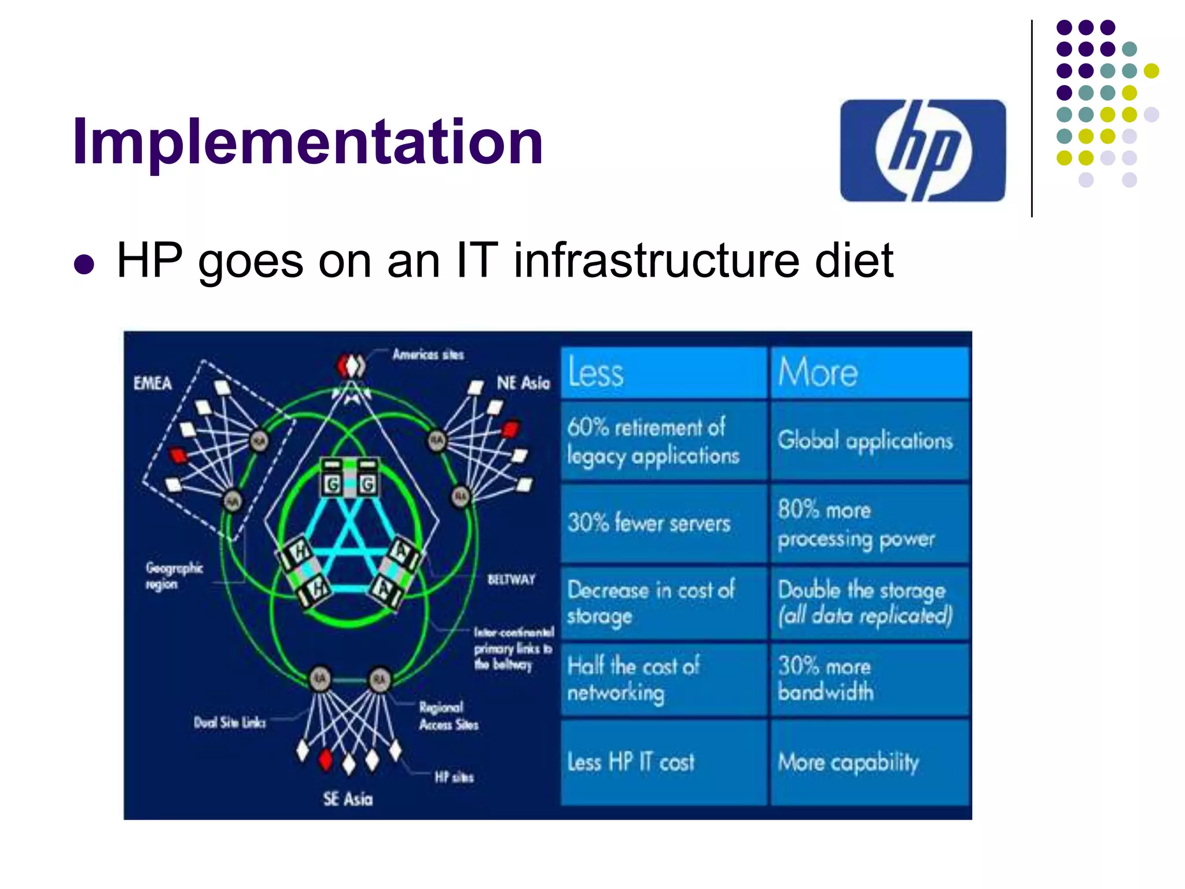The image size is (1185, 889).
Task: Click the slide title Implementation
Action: (307, 142)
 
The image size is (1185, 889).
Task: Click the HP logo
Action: (923, 150)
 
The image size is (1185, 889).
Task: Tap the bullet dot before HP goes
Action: (84, 264)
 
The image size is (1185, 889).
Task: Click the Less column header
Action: (664, 372)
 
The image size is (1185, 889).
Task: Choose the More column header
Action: (869, 372)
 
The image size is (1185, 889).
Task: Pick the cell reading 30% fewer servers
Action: (664, 523)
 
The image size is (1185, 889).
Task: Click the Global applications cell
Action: (869, 441)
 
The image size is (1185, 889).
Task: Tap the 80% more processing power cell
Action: (869, 524)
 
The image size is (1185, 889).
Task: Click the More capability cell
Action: (869, 763)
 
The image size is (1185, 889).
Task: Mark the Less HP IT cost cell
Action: (664, 763)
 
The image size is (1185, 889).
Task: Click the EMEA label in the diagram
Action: (153, 383)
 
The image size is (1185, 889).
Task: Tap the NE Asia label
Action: (523, 383)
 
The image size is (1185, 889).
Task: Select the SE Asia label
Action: (348, 799)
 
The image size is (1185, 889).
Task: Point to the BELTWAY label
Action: (511, 579)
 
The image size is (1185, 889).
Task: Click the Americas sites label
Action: (428, 354)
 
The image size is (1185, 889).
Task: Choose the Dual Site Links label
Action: (230, 722)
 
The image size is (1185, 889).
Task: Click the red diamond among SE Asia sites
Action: (326, 759)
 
